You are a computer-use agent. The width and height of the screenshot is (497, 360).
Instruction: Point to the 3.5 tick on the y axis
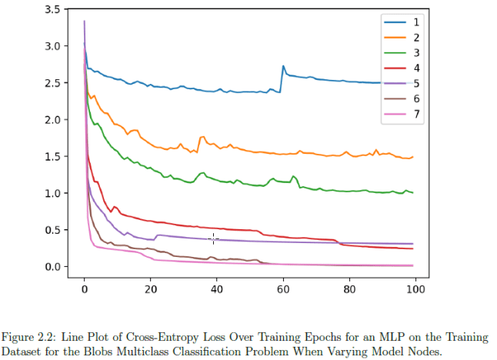pyautogui.click(x=52, y=10)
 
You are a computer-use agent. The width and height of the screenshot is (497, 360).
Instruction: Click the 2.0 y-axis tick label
pyautogui.click(x=52, y=120)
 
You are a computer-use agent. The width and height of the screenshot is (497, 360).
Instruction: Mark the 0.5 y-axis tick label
pyautogui.click(x=52, y=230)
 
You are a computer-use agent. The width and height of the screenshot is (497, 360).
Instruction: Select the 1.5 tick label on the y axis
pyautogui.click(x=52, y=157)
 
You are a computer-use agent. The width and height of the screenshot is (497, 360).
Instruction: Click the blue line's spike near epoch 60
pyautogui.click(x=283, y=66)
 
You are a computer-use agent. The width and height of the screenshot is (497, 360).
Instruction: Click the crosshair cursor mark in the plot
pyautogui.click(x=213, y=239)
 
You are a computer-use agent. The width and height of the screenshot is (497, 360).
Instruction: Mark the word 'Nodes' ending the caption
pyautogui.click(x=425, y=350)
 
